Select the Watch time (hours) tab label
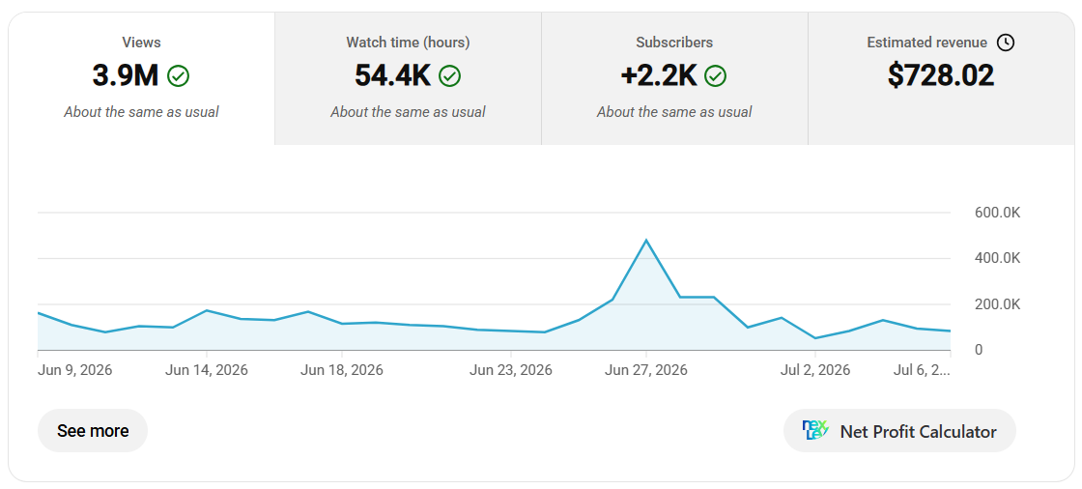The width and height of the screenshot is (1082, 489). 408,43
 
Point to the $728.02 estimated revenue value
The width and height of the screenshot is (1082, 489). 941,75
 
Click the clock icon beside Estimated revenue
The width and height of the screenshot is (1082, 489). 1006,43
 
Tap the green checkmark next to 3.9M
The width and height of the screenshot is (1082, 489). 178,76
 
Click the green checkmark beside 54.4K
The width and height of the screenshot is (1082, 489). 450,76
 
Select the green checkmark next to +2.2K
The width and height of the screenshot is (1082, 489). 716,76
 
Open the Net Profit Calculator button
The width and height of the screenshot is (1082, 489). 899,431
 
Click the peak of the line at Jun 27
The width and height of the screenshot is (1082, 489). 646,240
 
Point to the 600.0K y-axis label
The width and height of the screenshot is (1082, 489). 997,213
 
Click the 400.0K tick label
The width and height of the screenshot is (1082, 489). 997,258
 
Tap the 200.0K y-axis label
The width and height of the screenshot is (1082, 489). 997,304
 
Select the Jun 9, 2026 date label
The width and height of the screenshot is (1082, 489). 74,370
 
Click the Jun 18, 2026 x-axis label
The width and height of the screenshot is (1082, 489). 342,370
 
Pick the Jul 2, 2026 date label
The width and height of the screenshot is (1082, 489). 815,370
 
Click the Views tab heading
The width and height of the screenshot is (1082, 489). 141,43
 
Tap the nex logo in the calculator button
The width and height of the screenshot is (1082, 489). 815,430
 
